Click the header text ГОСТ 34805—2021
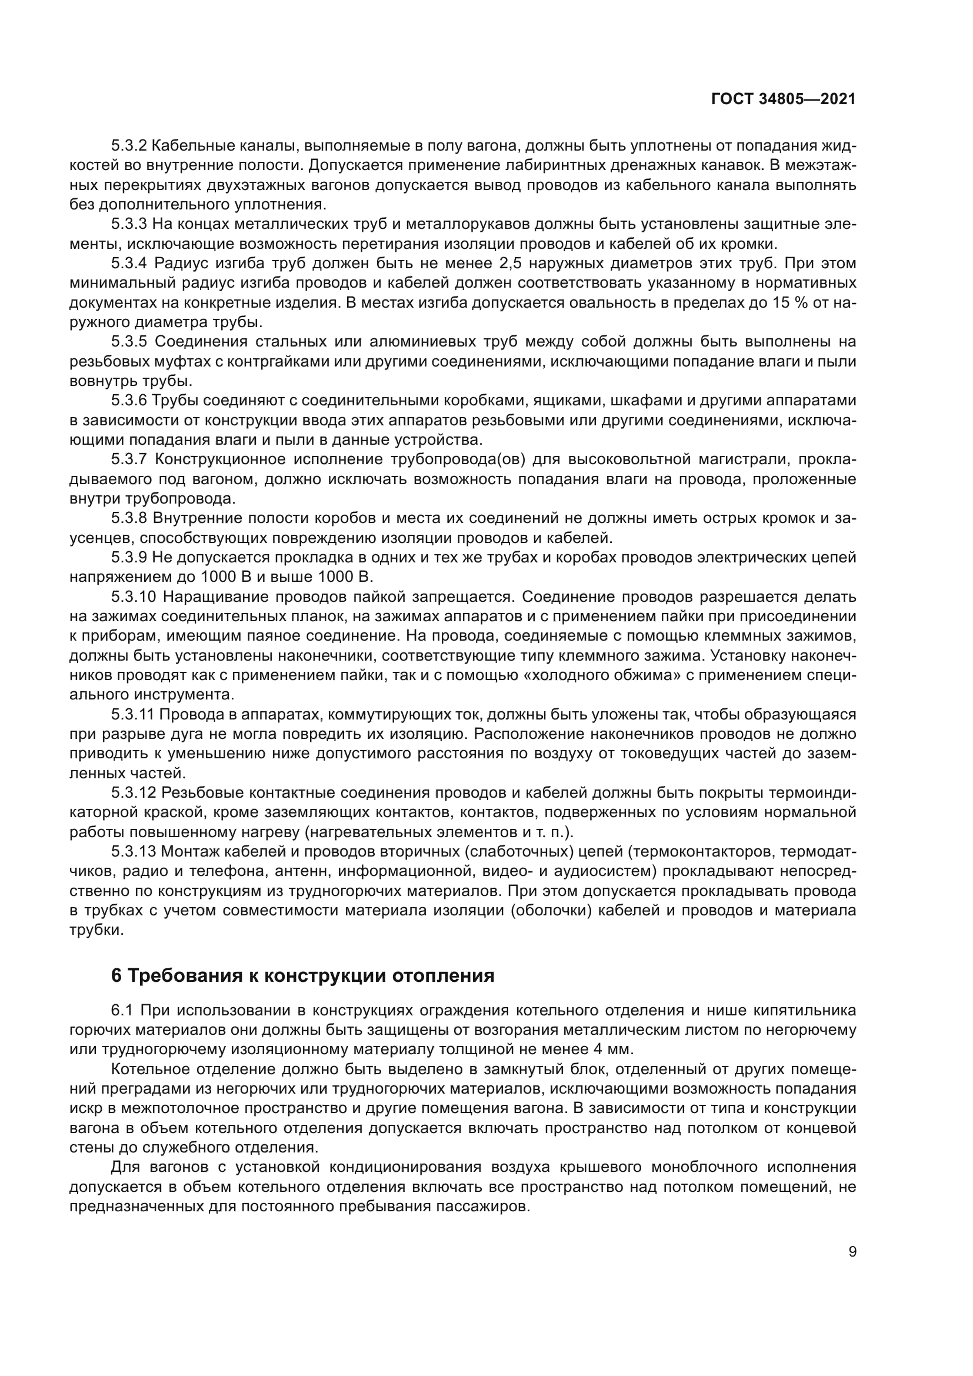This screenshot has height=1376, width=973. (x=783, y=99)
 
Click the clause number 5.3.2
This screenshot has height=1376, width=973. (x=129, y=146)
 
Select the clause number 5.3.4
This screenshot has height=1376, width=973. (x=129, y=264)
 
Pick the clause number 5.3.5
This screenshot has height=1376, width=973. (x=129, y=342)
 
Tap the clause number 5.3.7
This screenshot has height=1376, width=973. (x=129, y=459)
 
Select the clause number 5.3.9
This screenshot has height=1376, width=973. (x=129, y=558)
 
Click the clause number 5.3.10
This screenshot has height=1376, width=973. (x=133, y=597)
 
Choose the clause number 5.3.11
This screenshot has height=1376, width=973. (x=133, y=715)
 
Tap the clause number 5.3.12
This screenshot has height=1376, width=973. (x=133, y=794)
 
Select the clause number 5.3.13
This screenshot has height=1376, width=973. (x=133, y=852)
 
